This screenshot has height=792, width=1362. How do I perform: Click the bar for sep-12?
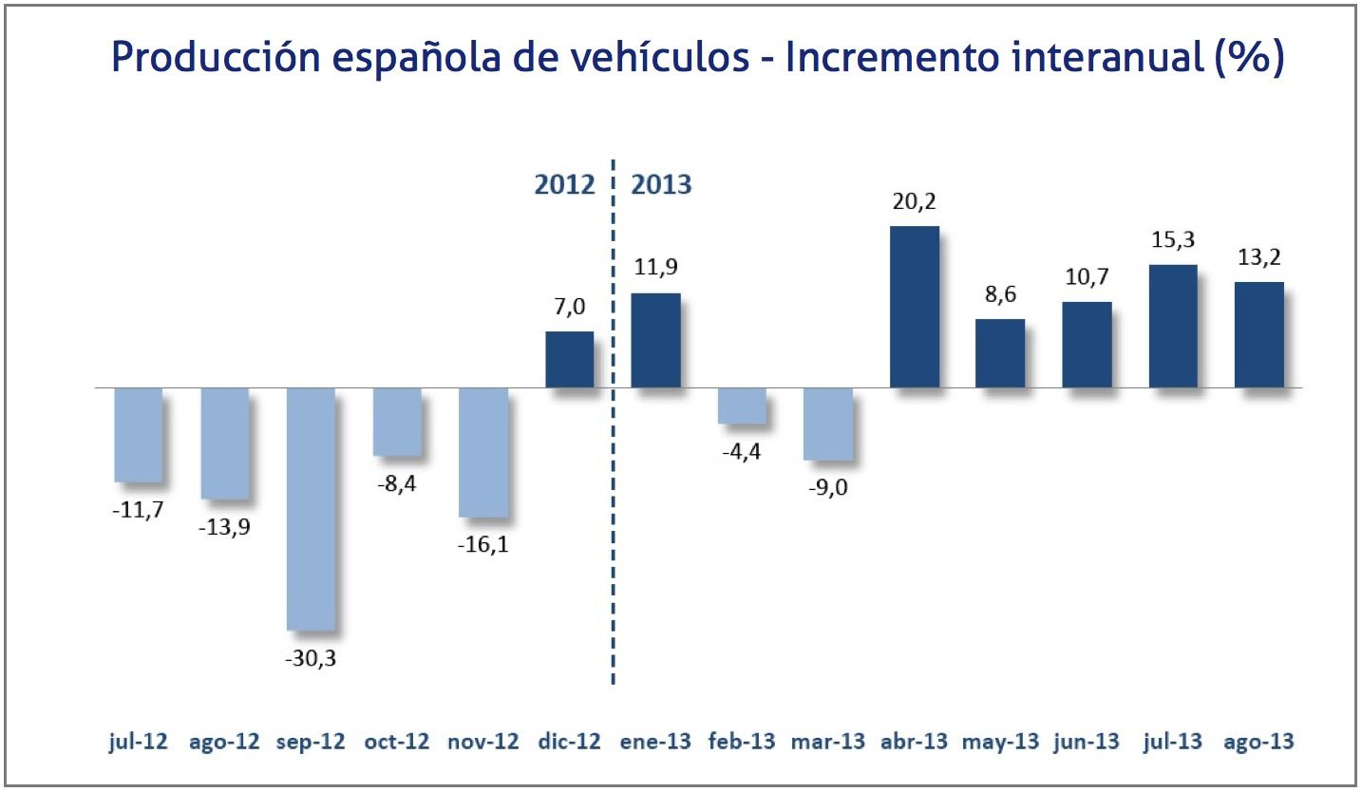311,508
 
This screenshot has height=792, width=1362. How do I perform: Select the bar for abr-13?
914,307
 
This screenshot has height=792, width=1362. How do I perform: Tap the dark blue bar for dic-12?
569,360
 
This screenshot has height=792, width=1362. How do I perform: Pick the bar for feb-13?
742,405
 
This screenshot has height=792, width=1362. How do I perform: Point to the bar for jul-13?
1173,326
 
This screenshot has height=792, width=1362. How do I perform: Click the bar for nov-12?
482,452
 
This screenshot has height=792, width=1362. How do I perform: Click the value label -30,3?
311,657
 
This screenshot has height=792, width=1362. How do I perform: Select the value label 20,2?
914,202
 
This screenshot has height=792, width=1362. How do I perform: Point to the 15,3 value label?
1173,241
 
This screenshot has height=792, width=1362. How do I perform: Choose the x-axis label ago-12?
224,742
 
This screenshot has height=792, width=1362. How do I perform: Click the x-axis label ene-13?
655,742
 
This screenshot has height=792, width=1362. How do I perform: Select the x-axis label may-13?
1000,742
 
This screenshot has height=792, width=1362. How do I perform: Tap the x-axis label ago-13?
1259,742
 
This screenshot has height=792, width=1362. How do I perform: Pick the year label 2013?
662,183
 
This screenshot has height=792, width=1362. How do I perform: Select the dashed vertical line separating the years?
613,570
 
